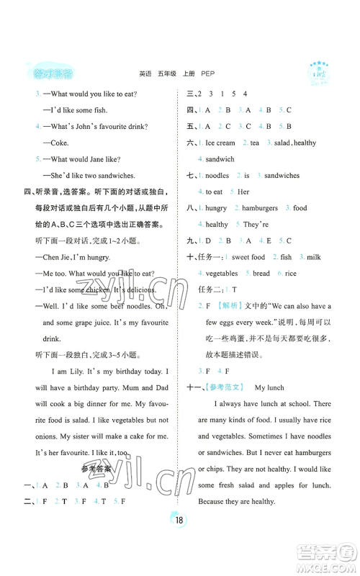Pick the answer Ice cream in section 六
coord(220,143)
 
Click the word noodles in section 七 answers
coord(217,176)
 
